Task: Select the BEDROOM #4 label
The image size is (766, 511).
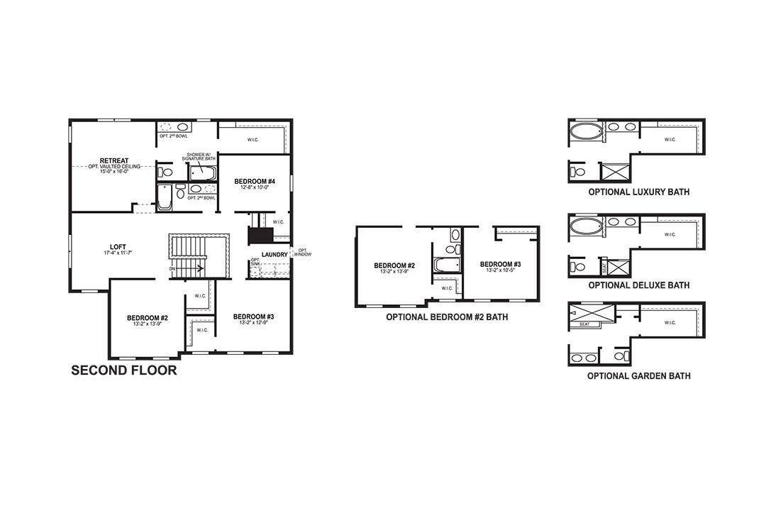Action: pos(254,182)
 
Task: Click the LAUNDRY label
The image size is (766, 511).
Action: pos(274,254)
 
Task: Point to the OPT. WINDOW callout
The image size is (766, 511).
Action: pos(303,252)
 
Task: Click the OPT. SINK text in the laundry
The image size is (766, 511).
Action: pos(255,263)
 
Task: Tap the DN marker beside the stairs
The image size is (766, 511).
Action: pos(173,269)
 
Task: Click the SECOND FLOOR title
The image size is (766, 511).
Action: pos(123,370)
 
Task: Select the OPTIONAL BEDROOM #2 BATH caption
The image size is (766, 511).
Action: pos(447,317)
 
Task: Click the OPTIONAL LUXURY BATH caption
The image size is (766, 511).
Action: pos(638,192)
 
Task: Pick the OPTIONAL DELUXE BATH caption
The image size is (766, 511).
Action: pos(638,285)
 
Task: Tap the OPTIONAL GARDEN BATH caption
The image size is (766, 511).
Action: pos(638,376)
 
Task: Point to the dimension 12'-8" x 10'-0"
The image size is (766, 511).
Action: pos(254,188)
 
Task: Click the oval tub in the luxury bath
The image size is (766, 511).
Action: pos(586,132)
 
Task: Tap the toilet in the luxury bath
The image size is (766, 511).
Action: pos(578,172)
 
